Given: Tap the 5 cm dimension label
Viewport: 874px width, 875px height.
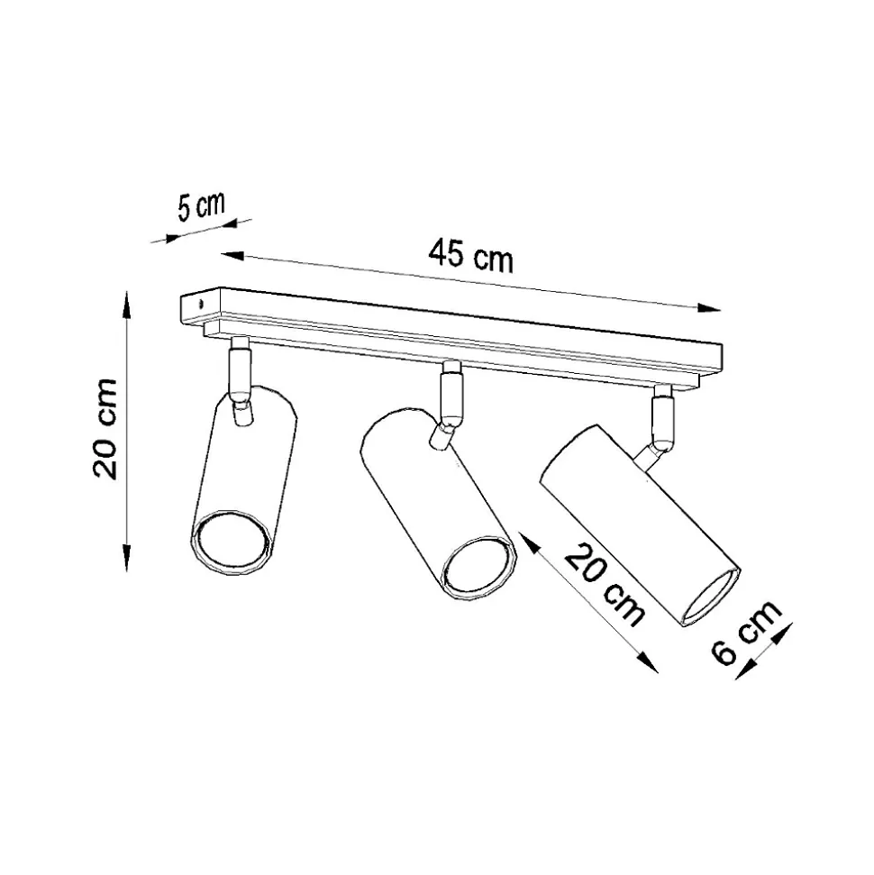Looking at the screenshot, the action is (202, 206).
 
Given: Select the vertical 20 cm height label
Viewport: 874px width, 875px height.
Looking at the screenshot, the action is (106, 429).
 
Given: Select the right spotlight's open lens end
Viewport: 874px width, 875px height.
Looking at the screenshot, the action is (710, 597).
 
